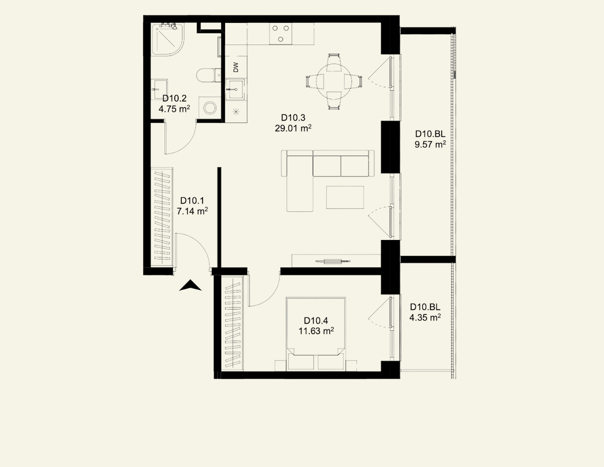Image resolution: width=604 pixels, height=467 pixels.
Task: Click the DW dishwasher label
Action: (236, 67)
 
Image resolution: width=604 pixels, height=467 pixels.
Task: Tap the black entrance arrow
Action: (191, 285)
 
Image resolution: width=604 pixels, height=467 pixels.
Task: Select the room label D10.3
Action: (293, 118)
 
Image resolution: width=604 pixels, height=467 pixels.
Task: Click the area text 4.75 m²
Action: (174, 109)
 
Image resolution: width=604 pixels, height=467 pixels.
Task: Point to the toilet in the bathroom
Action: (209, 75)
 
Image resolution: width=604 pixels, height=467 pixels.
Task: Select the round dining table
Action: (334, 82)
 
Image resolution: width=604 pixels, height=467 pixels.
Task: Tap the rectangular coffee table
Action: (345, 197)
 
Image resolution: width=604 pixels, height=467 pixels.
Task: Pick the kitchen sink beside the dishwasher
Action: (236, 89)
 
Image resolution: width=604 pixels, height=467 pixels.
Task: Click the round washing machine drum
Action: (210, 108)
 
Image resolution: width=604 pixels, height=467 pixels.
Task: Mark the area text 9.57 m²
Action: (430, 144)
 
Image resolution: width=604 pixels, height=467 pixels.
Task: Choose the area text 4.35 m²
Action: (425, 317)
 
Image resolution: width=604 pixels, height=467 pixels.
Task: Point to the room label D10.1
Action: (192, 201)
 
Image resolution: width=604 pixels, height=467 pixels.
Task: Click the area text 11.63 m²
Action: (316, 331)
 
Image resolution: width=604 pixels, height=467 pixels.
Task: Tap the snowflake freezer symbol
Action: (236, 112)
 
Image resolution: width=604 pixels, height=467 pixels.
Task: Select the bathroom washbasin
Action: (159, 90)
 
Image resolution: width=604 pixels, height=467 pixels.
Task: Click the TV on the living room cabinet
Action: (333, 261)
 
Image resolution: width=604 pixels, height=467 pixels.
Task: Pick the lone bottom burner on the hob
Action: (281, 39)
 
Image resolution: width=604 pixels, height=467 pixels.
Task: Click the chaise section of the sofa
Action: (300, 184)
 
